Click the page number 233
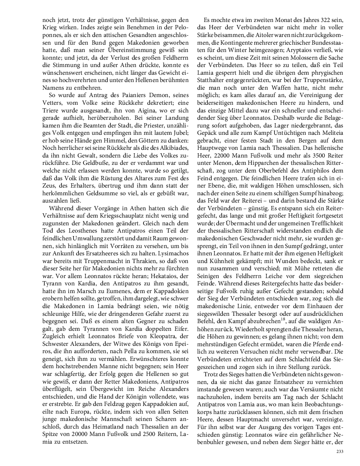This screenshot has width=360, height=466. pos(339,451)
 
